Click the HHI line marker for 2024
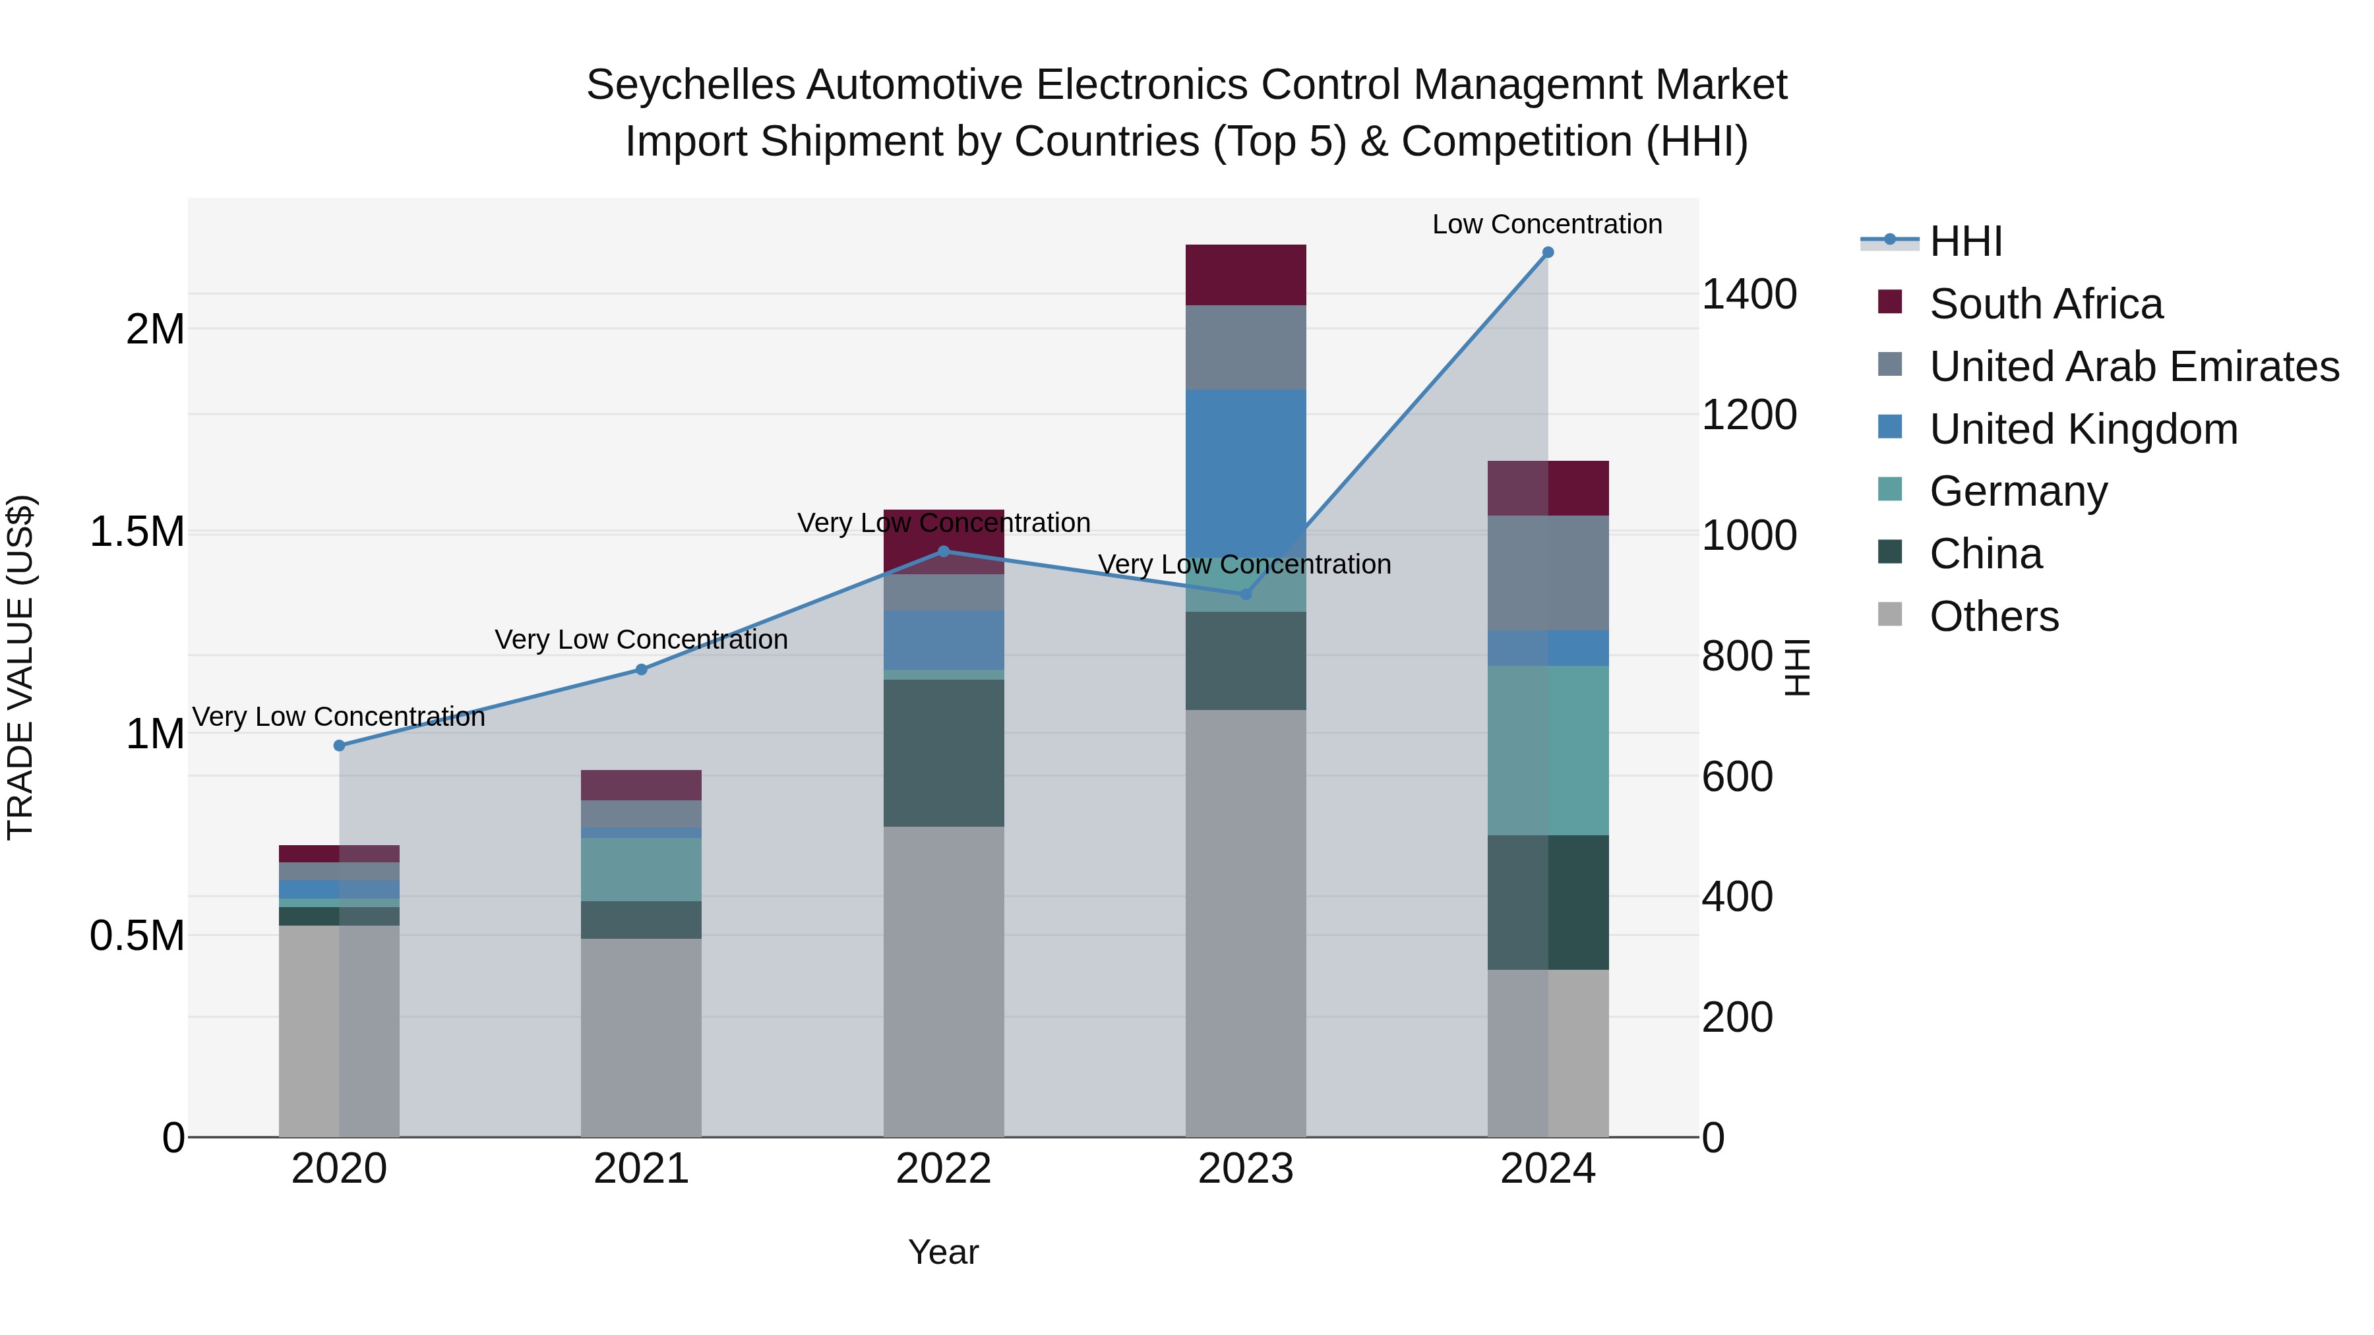[1547, 252]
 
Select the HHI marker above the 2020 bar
[339, 746]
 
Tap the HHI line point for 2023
[1246, 594]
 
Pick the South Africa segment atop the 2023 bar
[1246, 274]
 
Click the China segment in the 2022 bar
[944, 753]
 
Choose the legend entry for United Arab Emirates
[2133, 366]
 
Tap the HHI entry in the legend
[1965, 241]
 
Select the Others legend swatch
[1889, 614]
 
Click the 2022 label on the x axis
[944, 1169]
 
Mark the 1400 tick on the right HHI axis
[1748, 295]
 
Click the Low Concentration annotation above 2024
[1546, 224]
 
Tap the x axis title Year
[943, 1252]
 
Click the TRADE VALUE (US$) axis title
[20, 667]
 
